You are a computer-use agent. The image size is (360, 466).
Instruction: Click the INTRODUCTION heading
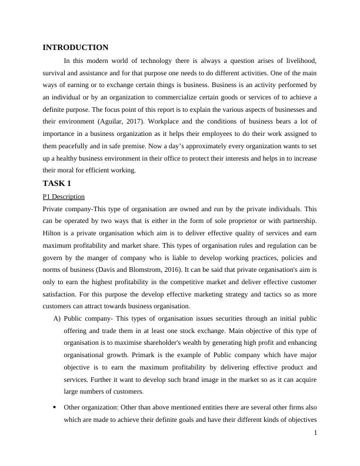pyautogui.click(x=75, y=48)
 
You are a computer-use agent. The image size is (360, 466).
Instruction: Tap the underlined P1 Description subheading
pyautogui.click(x=64, y=197)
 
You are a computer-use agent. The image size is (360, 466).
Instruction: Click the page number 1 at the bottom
pyautogui.click(x=316, y=432)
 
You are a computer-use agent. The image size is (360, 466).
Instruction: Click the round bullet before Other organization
pyautogui.click(x=55, y=407)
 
